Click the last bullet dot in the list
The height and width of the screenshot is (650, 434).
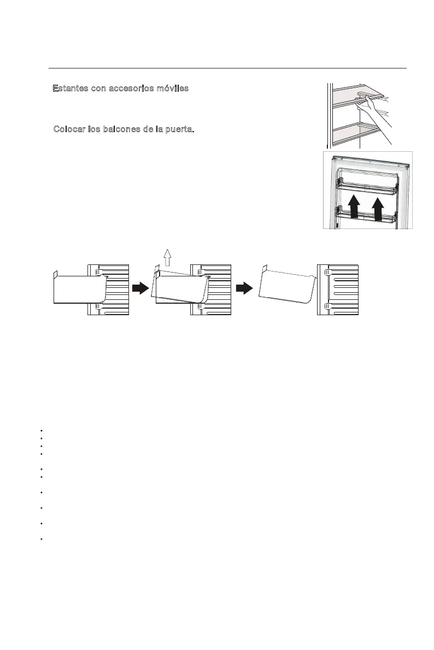42,539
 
